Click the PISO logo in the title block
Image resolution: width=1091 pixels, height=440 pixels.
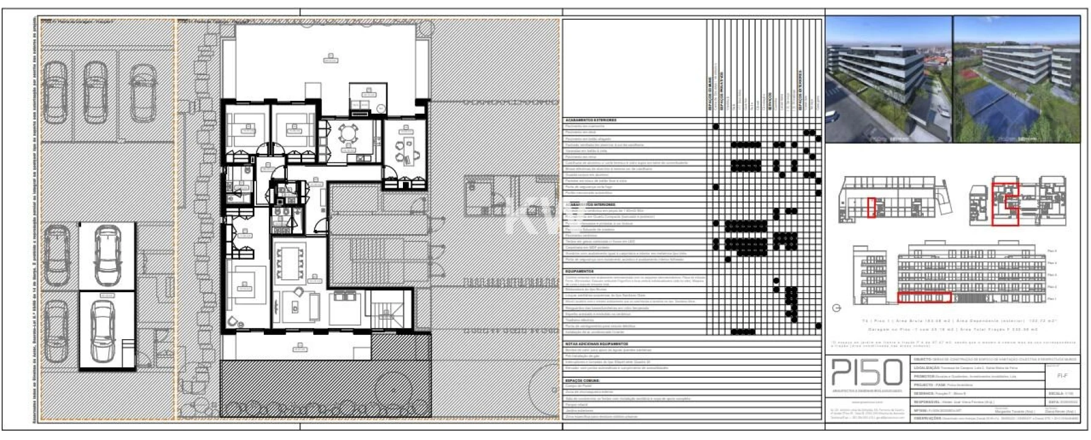pos(867,373)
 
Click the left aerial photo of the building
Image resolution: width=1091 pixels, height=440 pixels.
pos(888,79)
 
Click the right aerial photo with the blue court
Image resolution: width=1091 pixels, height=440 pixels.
pos(1016,79)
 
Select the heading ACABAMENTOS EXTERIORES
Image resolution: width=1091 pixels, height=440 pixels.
pos(591,120)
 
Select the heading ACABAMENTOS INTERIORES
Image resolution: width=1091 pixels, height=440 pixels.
pos(591,205)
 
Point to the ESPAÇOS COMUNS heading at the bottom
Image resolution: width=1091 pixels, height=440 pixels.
pos(582,380)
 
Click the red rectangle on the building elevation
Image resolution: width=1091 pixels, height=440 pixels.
pos(924,298)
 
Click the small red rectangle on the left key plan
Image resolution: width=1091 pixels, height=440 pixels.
pos(871,207)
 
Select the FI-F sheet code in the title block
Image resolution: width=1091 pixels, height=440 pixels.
pos(1062,376)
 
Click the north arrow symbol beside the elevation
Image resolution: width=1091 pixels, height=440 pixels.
pos(836,309)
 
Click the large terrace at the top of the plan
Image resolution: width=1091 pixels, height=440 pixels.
pos(330,61)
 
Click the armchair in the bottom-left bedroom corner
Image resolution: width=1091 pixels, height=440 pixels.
pos(233,321)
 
